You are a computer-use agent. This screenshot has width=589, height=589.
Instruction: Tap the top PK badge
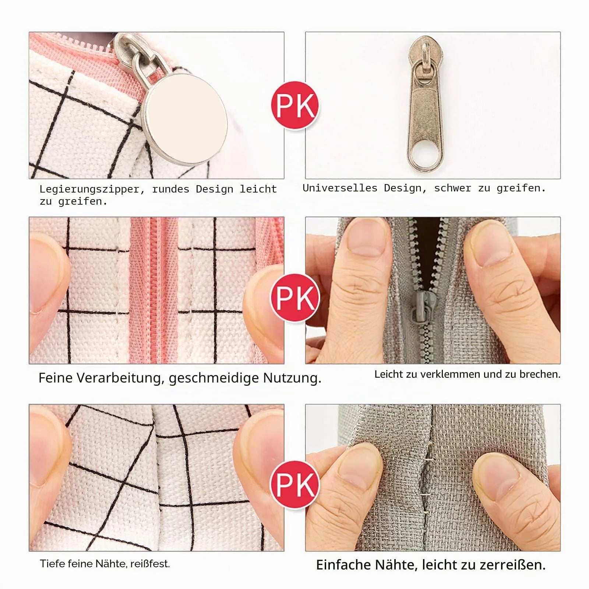tap(295, 106)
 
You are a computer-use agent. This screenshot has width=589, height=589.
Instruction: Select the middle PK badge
tap(295, 298)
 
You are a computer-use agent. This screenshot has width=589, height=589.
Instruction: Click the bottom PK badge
tap(295, 485)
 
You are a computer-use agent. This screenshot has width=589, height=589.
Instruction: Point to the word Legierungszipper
tap(89, 190)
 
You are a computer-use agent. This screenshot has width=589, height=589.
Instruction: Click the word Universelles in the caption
tap(340, 188)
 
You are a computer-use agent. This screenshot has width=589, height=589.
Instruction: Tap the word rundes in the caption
tap(170, 190)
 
